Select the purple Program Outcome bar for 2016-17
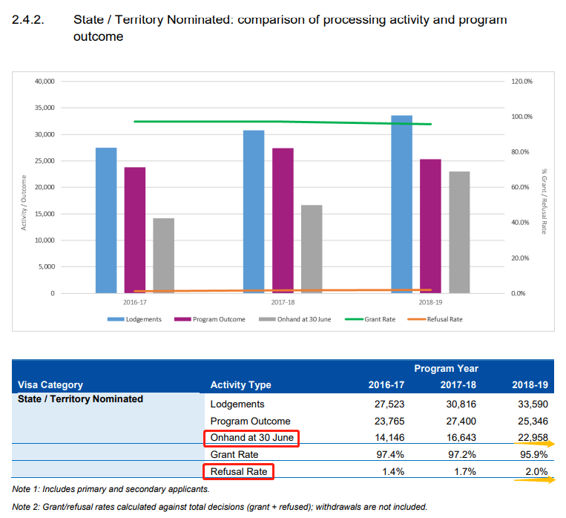coord(134,230)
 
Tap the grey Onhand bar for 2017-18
coord(312,249)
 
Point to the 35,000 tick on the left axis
coord(45,108)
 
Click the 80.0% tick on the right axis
coord(521,152)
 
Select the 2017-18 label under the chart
coord(283,303)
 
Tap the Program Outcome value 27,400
coord(458,422)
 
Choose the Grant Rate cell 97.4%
coord(386,455)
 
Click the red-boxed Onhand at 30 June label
coord(251,438)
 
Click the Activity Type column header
coord(240,384)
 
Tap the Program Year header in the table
coord(446,368)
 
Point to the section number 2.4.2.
coord(29,20)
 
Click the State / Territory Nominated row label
coord(80,399)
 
